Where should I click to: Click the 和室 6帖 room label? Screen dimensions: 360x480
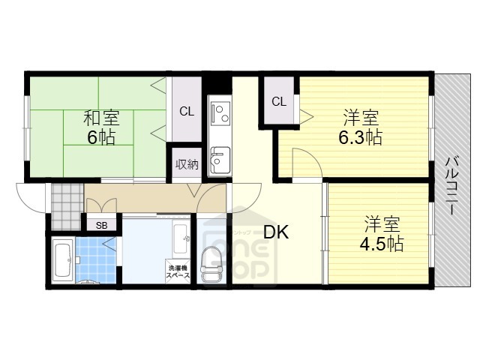click(x=99, y=128)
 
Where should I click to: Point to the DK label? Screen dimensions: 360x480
click(x=274, y=233)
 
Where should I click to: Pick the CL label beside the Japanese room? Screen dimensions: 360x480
click(x=187, y=112)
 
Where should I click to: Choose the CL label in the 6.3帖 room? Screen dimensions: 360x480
click(x=278, y=102)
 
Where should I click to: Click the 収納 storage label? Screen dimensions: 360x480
click(x=187, y=164)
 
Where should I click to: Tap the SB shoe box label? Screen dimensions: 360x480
click(x=101, y=224)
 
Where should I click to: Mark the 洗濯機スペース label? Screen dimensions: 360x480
click(x=178, y=271)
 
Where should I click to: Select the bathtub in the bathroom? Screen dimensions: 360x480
click(x=62, y=259)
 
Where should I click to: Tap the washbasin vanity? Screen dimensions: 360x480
click(x=181, y=239)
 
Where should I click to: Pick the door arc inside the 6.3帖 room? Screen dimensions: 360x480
click(x=305, y=163)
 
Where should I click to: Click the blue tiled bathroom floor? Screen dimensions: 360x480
click(x=96, y=259)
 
